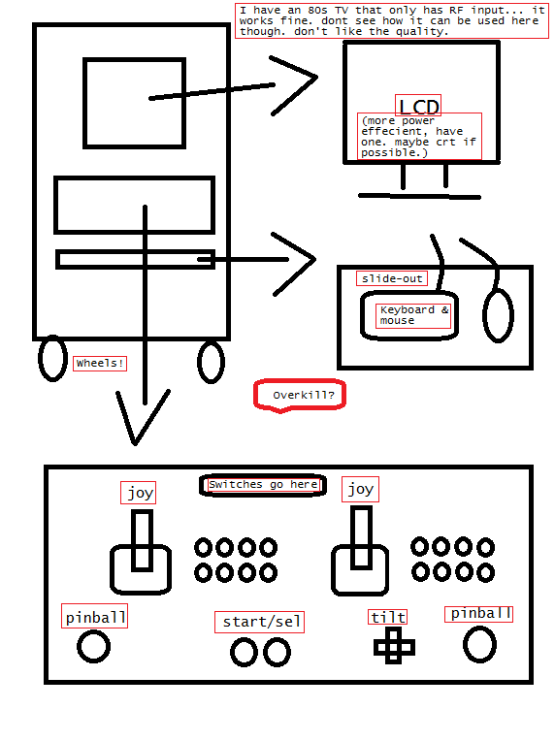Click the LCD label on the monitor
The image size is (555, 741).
click(418, 106)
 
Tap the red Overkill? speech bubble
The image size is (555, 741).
click(300, 395)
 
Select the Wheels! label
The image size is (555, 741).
click(100, 363)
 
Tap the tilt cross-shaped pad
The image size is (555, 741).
click(394, 646)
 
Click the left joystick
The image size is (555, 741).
click(141, 553)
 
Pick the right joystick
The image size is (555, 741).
click(361, 551)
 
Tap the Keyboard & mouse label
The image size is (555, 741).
click(413, 315)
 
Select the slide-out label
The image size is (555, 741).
click(392, 278)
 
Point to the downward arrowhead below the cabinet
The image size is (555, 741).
click(135, 443)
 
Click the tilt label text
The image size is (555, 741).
click(388, 617)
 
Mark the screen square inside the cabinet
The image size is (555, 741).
click(85, 103)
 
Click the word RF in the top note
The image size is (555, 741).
click(456, 10)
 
